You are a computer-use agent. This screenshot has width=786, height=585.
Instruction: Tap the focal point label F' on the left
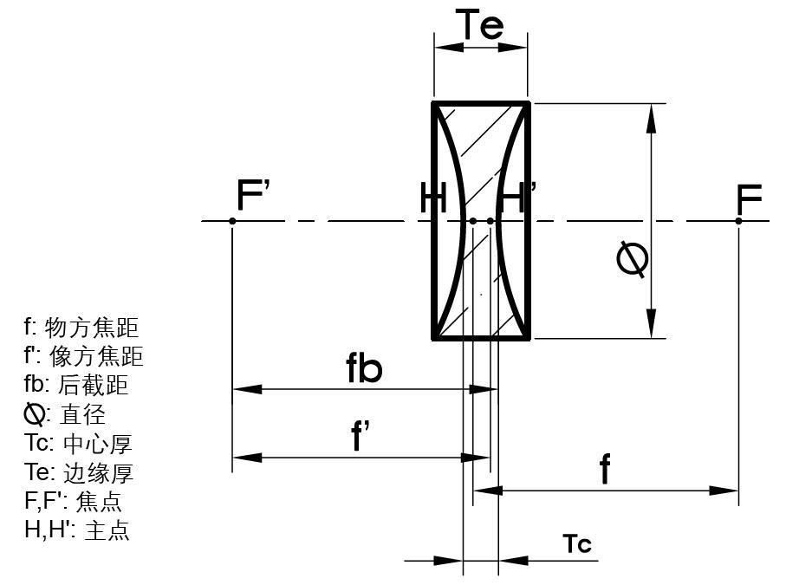point(254,197)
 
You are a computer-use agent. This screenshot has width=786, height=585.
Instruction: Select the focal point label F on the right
point(749,199)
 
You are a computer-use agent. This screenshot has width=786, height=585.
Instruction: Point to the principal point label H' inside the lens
point(517,198)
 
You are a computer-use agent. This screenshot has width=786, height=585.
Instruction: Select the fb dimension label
point(364,369)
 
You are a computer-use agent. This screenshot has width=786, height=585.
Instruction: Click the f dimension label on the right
point(605,470)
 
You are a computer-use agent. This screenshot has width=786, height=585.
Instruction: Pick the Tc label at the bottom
point(576,543)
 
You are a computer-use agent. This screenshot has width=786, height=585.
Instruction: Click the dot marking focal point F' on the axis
point(232,221)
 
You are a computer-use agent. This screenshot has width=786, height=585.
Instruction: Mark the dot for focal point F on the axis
point(738,221)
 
